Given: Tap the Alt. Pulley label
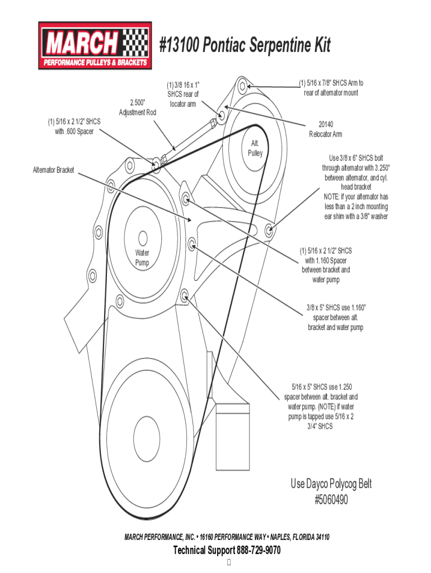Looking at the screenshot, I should pos(256,148).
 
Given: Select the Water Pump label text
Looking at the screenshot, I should pos(142,257).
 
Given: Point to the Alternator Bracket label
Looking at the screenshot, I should pos(54,170).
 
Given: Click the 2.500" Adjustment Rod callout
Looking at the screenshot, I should pos(138,107).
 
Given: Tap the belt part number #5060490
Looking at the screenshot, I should pos(331,500).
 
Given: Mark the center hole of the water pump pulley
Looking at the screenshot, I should pos(142,237).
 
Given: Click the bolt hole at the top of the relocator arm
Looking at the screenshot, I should pos(242,86).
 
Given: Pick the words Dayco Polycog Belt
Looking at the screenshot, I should pos(331,484).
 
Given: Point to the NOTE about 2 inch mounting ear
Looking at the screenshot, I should pos(356,206).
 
